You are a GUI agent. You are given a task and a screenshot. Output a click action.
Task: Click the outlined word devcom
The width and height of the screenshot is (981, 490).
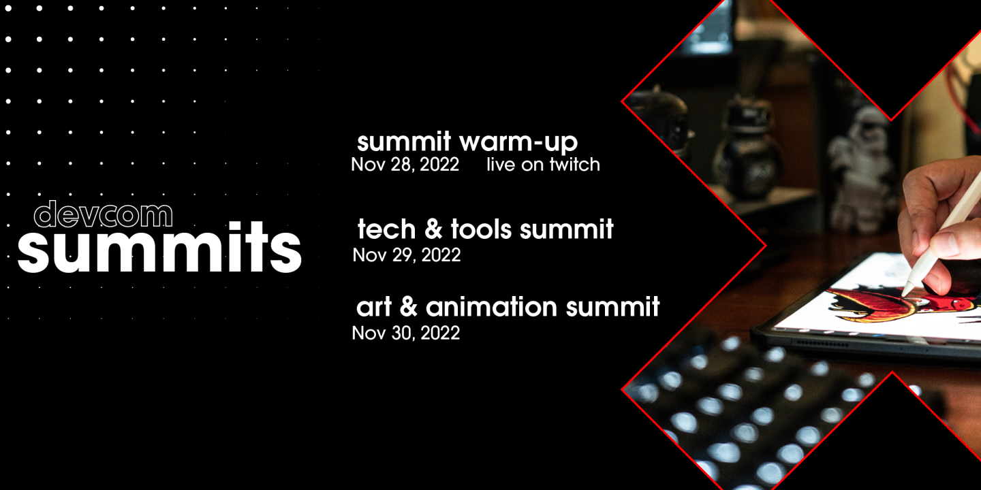coord(103,214)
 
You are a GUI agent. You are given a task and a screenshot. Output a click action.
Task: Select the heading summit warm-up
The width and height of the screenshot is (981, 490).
coord(467,142)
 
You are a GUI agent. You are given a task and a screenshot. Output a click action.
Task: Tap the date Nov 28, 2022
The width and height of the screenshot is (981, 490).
coord(405,165)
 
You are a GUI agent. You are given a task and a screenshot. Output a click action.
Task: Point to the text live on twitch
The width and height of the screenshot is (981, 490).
coord(543,165)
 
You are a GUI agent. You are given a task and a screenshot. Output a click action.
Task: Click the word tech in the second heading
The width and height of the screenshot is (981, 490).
coord(386,229)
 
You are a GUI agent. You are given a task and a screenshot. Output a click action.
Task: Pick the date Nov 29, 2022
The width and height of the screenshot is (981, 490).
coord(406,255)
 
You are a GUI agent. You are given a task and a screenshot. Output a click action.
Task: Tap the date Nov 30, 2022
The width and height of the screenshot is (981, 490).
coord(405,333)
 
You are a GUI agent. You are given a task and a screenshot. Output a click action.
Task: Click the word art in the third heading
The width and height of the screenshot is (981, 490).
coord(374,308)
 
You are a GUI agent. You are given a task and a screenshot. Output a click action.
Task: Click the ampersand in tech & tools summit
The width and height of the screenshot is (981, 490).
coord(433,229)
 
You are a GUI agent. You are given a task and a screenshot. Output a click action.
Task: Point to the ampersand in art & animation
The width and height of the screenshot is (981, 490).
coord(408,308)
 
